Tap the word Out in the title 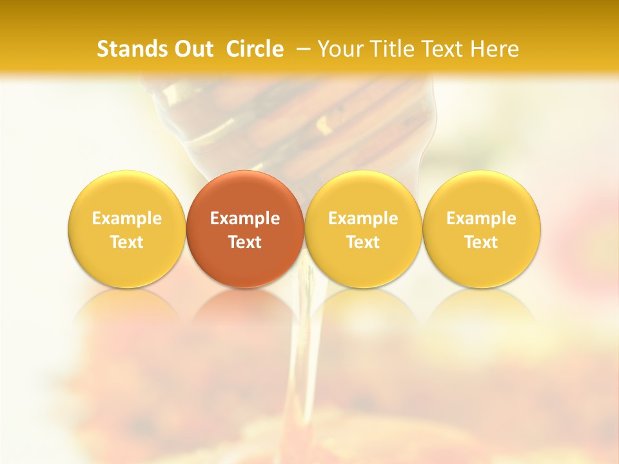193,49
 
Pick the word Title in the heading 393,49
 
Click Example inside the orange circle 245,218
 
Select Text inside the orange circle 245,242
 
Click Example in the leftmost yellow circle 127,218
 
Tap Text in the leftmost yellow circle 127,242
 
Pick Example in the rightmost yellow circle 482,218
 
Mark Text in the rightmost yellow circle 482,242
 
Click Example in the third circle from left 363,218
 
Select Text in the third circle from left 363,242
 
